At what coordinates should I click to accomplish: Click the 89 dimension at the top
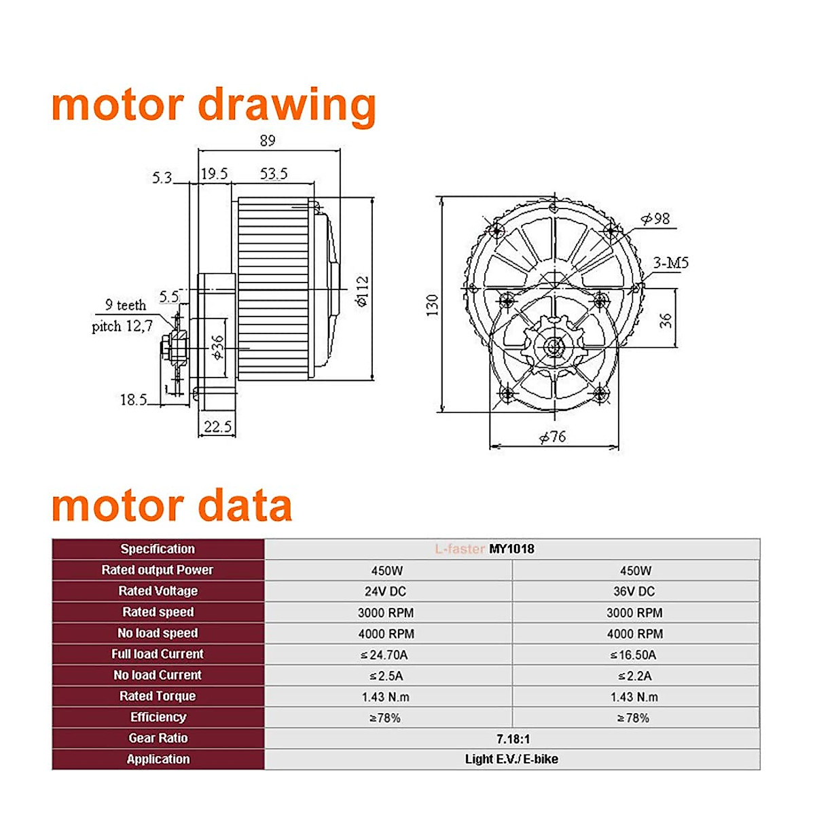268,141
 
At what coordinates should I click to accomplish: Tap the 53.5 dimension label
274,174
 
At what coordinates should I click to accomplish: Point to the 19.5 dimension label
214,174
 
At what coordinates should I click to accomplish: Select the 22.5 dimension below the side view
217,427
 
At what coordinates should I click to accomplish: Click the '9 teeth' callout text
126,305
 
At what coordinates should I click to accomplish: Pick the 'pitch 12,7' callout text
122,326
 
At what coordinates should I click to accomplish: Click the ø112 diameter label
362,291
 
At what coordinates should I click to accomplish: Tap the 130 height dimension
433,305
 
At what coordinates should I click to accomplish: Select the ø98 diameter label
655,219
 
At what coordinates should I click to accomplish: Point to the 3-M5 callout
670,263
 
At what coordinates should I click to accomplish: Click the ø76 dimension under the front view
553,437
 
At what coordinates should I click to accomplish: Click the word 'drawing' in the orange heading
287,105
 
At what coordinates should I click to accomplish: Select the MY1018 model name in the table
511,549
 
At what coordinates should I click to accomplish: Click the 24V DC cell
385,592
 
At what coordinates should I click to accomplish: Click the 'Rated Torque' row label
158,696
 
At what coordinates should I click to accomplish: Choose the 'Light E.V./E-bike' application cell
511,759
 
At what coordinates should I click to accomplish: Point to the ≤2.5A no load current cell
386,676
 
